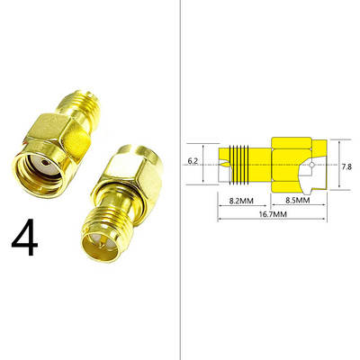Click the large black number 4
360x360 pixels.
click(24, 238)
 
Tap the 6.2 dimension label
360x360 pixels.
click(193, 161)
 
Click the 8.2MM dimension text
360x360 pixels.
click(241, 201)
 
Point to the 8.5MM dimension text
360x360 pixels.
click(298, 200)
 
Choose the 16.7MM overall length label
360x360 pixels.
click(273, 214)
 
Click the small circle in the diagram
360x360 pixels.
click(312, 165)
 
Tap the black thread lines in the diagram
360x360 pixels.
click(239, 165)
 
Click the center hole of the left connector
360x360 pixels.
click(45, 163)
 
